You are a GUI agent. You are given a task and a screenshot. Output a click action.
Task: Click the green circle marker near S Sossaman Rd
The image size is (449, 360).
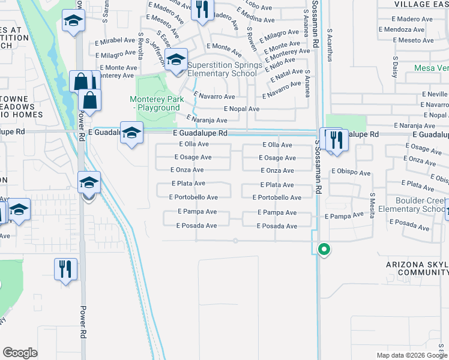pos(324,249)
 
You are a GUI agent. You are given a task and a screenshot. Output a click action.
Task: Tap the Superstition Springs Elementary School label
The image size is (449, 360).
pos(224,70)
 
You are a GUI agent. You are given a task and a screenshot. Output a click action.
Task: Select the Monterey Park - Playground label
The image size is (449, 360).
pos(155,103)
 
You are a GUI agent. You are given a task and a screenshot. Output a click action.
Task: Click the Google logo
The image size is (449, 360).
pos(20,353)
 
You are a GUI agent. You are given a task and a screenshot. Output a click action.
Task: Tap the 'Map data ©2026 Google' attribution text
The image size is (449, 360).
pos(411,355)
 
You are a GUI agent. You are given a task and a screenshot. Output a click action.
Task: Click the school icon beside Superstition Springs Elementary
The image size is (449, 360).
pos(176,60)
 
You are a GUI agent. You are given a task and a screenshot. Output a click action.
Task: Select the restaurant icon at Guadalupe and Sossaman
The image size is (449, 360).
pos(336,139)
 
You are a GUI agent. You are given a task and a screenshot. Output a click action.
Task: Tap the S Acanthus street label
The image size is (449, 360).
pos(329,44)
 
